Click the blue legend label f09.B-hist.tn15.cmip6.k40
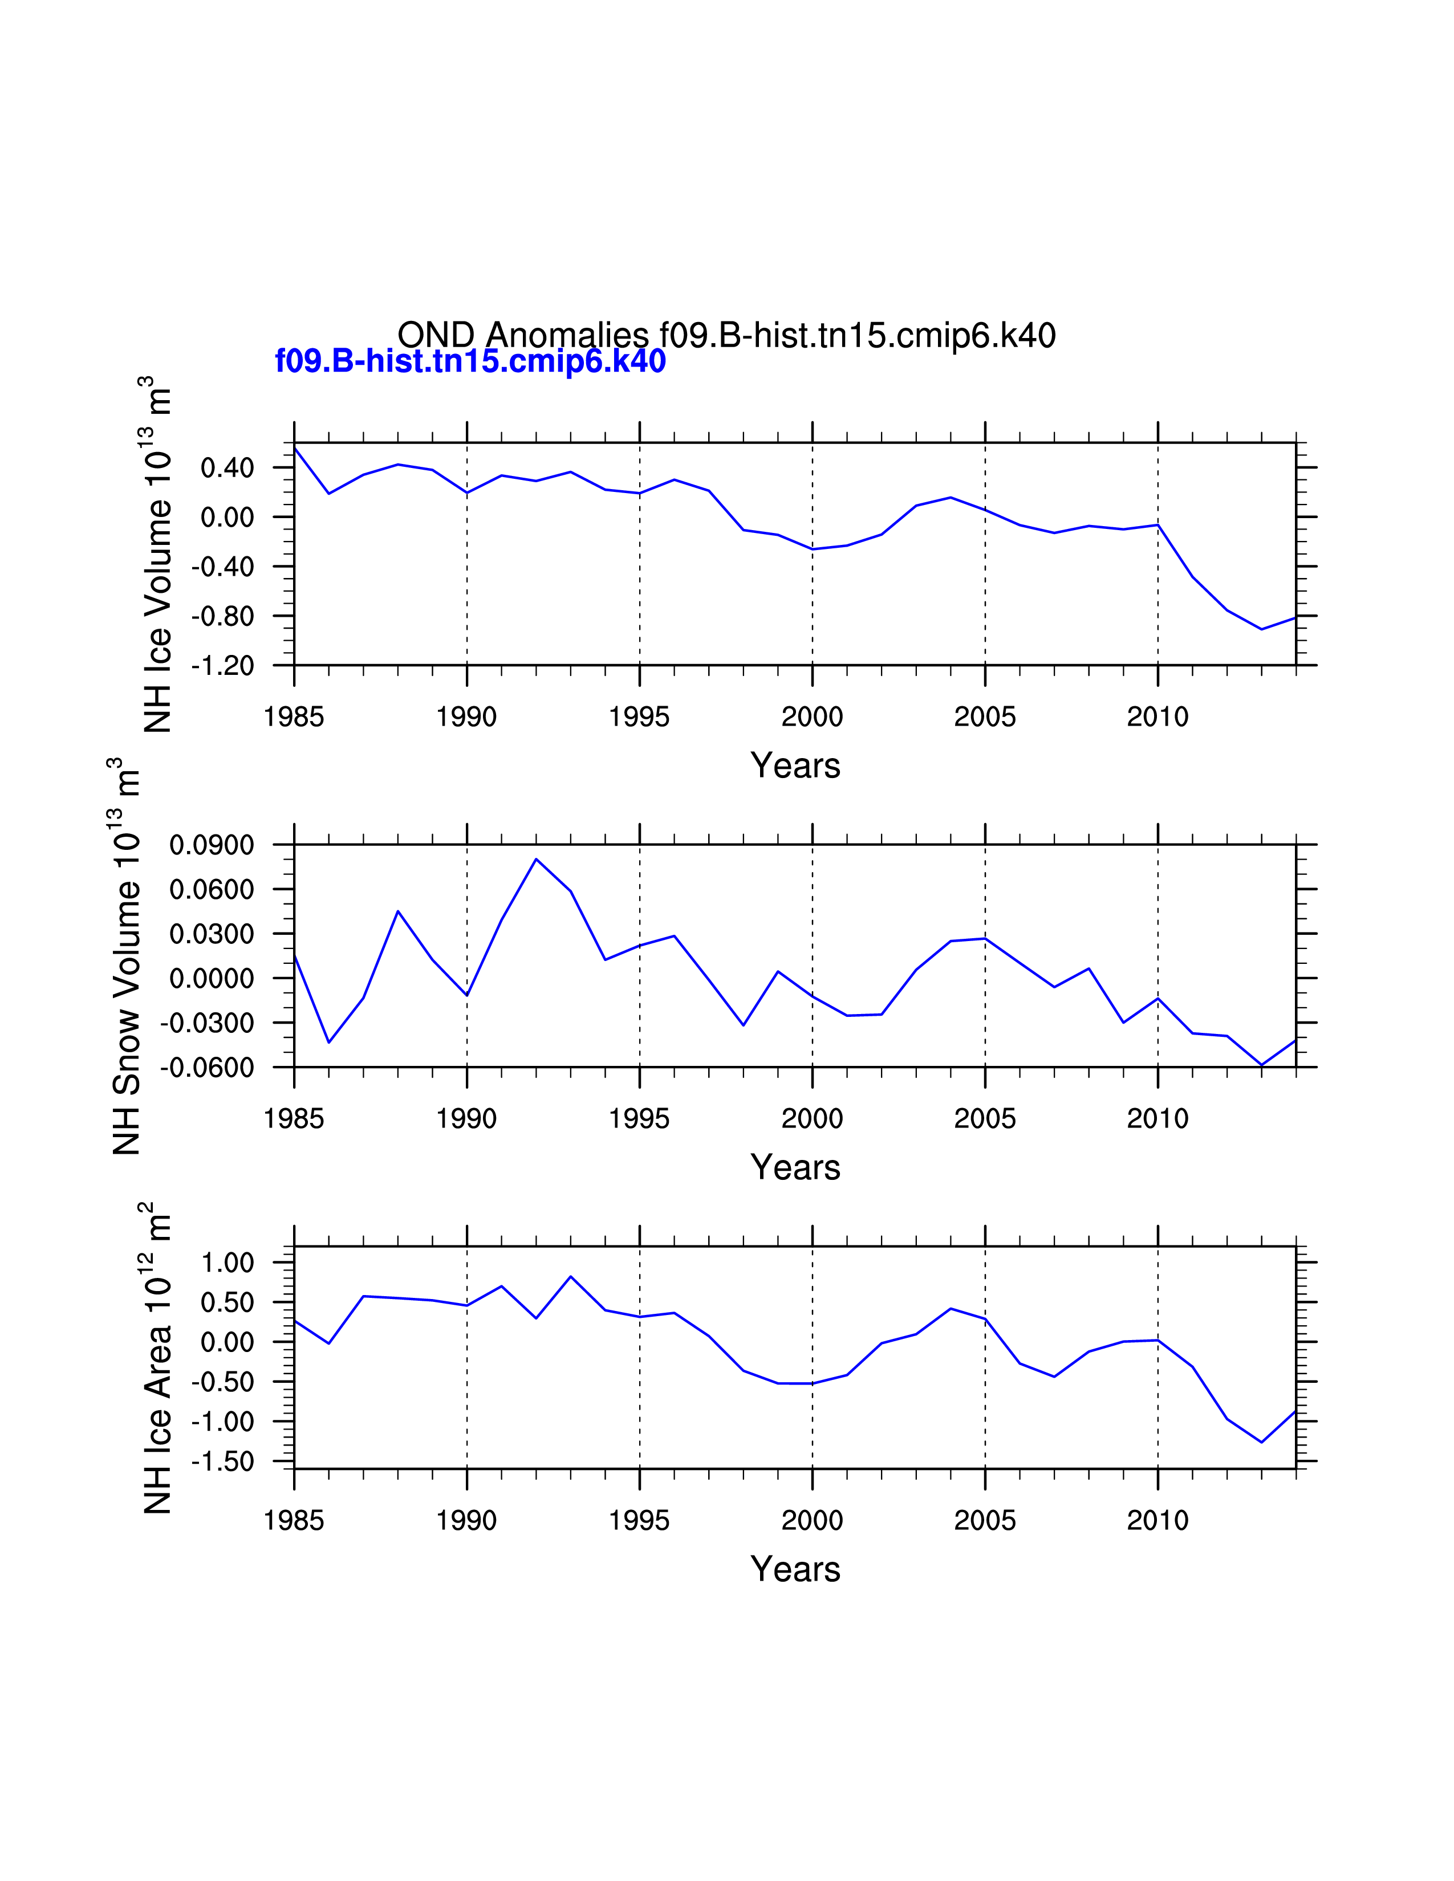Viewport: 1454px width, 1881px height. tap(470, 361)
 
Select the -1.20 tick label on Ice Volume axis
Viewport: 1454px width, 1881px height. tap(223, 666)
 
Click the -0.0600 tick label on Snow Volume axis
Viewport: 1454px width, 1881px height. tap(208, 1068)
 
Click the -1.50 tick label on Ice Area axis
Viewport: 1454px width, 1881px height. tap(223, 1461)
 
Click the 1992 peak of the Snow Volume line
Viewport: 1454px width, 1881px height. tap(536, 858)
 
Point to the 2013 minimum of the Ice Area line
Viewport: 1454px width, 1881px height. tap(1262, 1442)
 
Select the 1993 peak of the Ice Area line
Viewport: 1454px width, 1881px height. tap(570, 1276)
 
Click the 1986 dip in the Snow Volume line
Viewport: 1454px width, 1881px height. tap(329, 1042)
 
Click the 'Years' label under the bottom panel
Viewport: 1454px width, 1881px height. tap(795, 1569)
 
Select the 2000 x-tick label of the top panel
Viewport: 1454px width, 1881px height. tap(813, 716)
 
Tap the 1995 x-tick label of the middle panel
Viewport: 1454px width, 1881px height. tap(639, 1119)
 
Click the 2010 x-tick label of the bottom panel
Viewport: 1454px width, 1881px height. tap(1157, 1520)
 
